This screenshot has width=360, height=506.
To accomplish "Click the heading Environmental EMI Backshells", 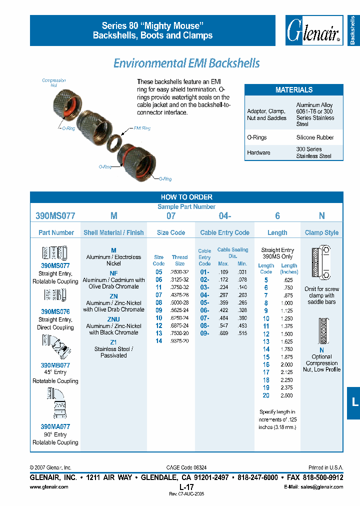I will [x=186, y=63].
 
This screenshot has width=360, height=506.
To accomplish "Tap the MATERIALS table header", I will [x=294, y=90].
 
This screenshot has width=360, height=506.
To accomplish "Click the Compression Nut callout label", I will [x=53, y=83].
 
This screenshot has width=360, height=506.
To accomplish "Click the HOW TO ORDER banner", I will [x=186, y=197].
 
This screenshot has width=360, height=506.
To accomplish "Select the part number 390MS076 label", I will [x=55, y=311].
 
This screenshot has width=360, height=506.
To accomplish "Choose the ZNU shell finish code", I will [x=113, y=319].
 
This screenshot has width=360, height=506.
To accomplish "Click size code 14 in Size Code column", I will [x=159, y=341].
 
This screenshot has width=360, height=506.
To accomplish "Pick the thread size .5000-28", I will [x=179, y=302].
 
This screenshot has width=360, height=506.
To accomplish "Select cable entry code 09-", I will [x=204, y=333].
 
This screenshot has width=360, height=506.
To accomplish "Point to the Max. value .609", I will [x=223, y=333].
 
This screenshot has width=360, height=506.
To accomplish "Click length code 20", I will [x=266, y=395].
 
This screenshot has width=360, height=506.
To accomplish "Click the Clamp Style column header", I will [x=321, y=232].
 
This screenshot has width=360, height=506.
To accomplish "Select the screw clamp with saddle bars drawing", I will [x=322, y=263].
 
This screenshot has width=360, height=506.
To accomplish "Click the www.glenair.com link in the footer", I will [x=49, y=486].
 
